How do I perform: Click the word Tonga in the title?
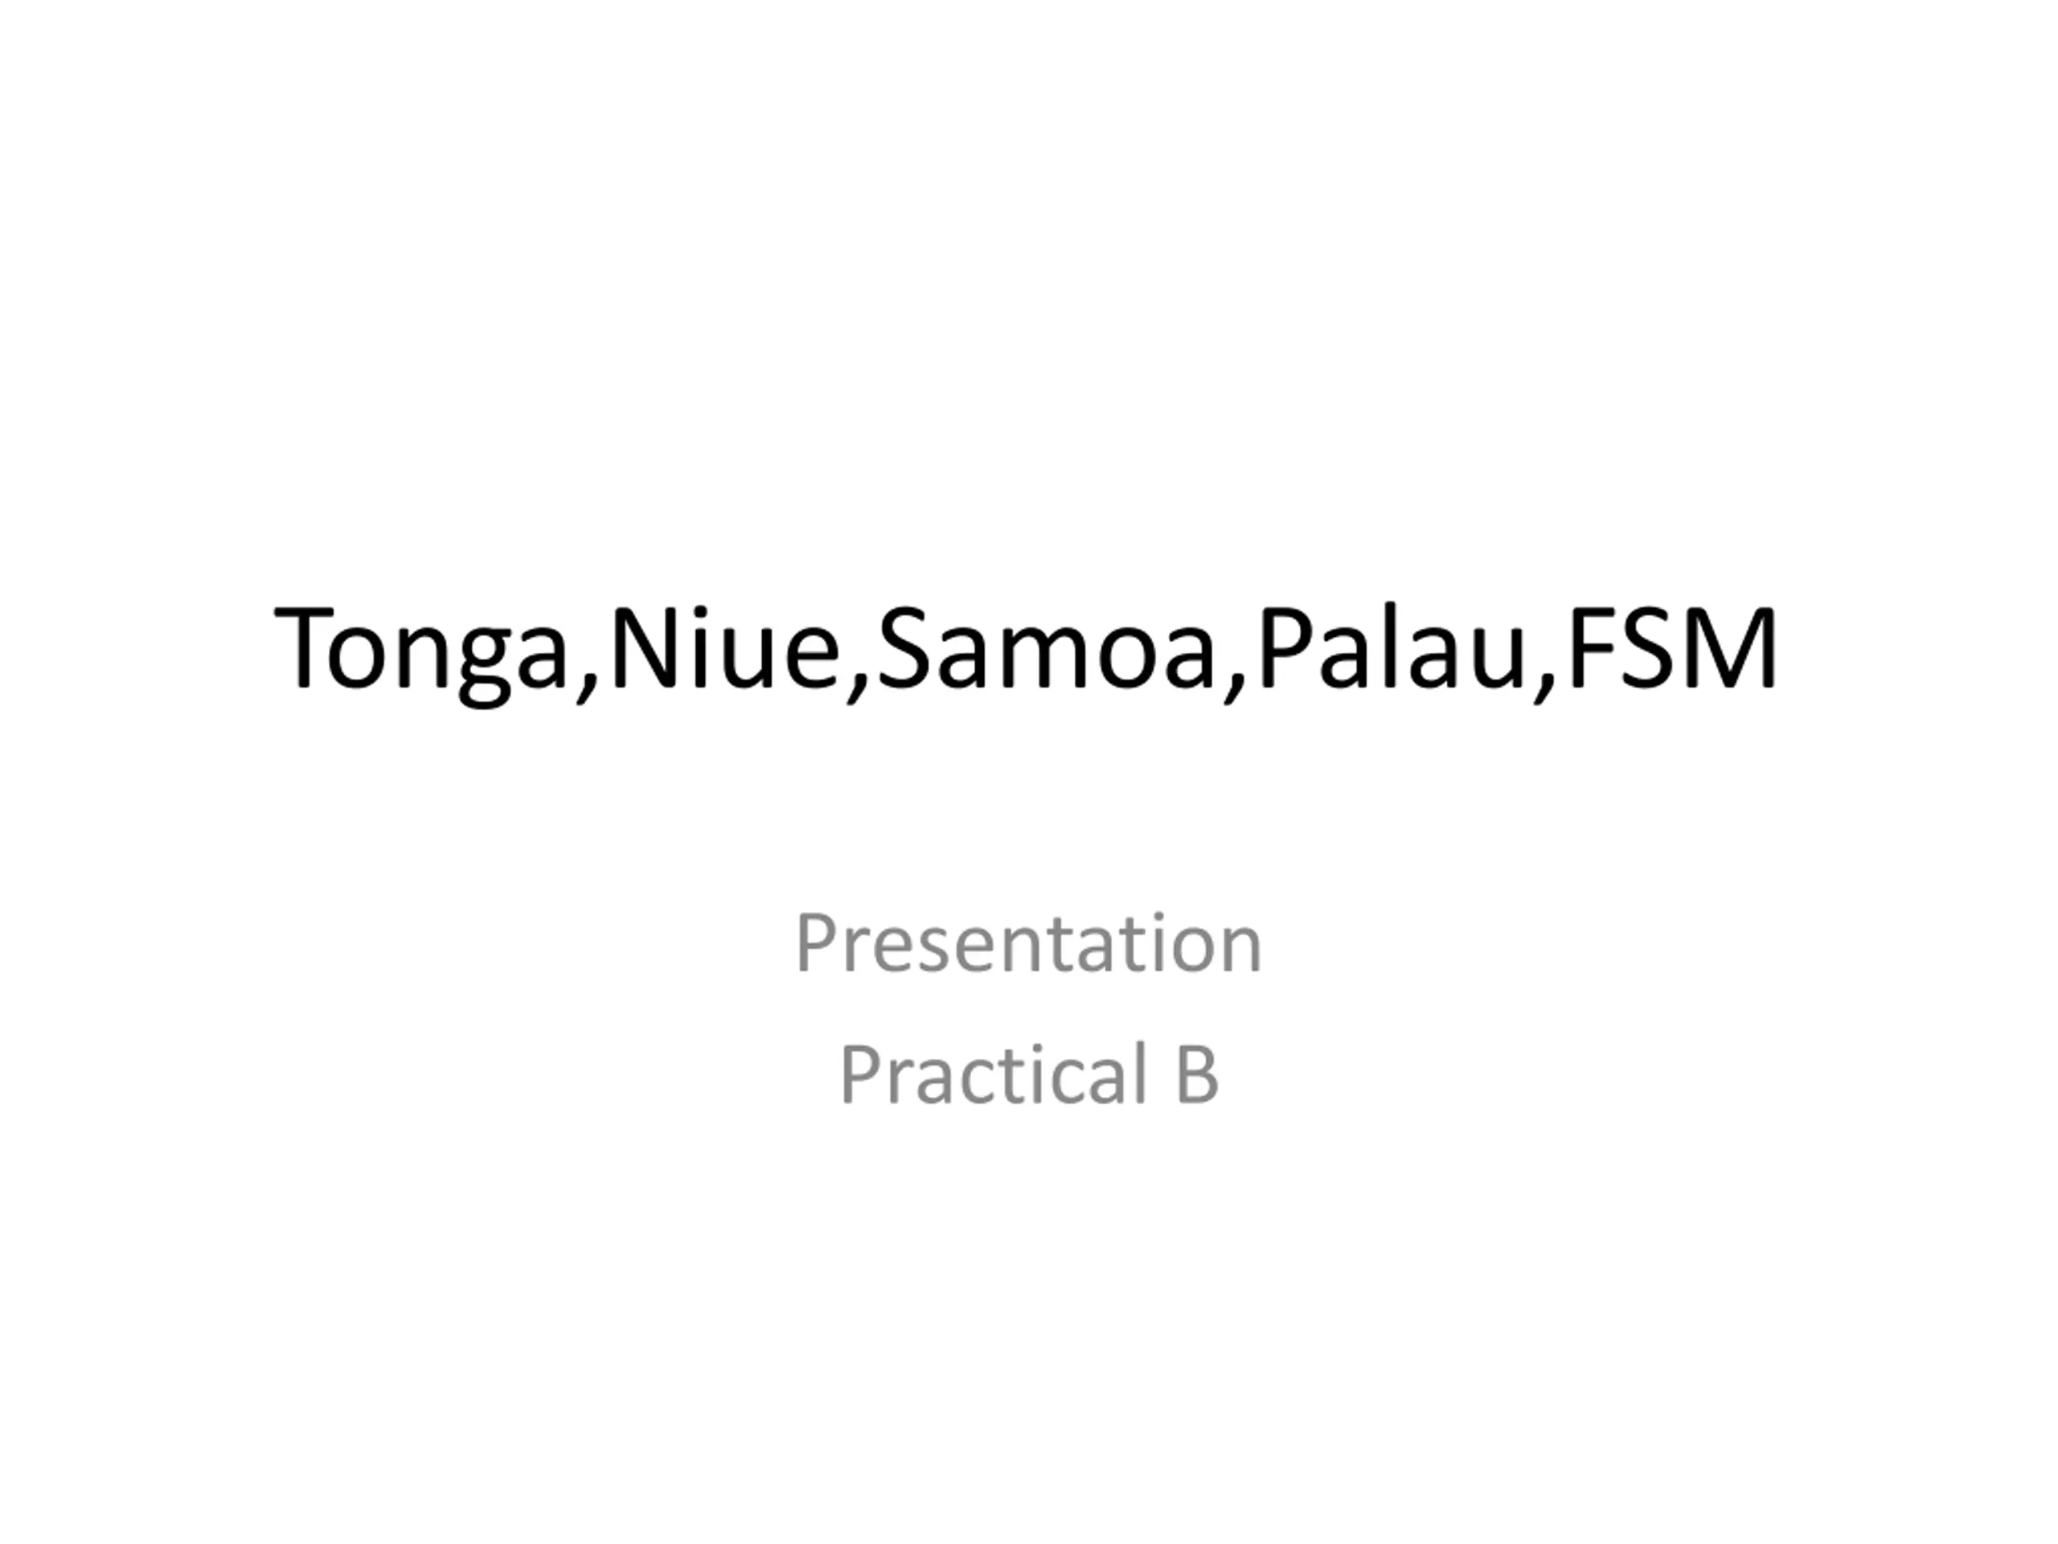pos(421,651)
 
